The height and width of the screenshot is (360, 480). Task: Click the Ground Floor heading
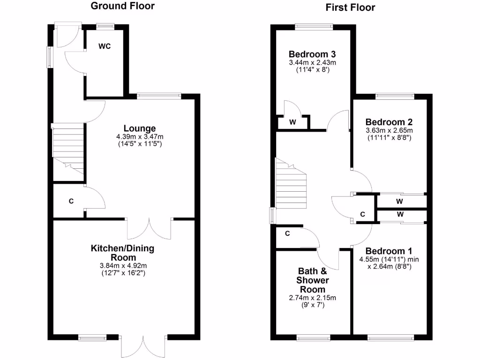122,6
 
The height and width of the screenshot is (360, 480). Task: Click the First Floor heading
351,7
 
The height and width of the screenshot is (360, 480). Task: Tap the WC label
104,46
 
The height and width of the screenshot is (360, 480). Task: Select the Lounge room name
140,128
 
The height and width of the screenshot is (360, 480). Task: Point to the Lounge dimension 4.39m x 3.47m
140,136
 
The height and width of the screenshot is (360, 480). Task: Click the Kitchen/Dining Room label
122,253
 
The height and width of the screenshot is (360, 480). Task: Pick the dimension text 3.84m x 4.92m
122,265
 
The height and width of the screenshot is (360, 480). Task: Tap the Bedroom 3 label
312,53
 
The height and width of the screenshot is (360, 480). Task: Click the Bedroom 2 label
389,120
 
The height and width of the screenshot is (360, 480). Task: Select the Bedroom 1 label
388,250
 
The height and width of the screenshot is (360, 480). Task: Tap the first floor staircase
290,187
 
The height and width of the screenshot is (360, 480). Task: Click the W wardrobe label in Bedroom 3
293,122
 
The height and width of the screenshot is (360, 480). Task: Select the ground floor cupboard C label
71,202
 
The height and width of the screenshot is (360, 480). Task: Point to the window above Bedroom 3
314,26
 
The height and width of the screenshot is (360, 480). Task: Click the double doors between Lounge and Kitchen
150,227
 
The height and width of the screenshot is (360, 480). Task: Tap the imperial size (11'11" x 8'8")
389,138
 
